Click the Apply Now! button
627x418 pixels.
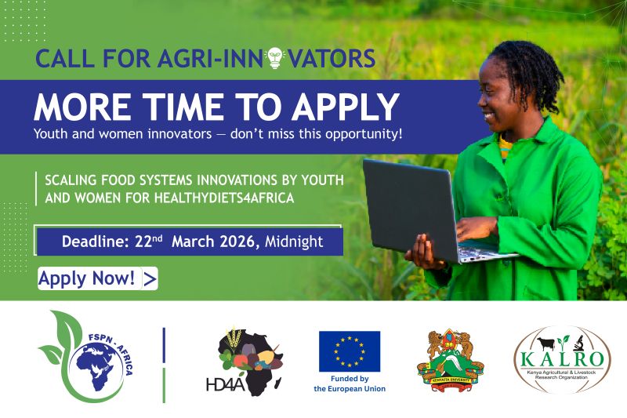(x=97, y=278)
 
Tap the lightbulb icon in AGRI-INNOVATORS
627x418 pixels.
(x=274, y=57)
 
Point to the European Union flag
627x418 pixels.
(x=349, y=351)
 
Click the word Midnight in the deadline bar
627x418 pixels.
(x=293, y=242)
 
